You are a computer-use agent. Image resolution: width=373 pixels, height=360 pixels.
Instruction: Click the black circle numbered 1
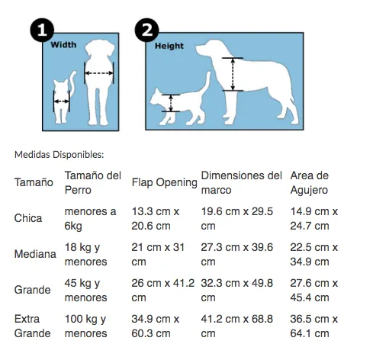tap(42, 30)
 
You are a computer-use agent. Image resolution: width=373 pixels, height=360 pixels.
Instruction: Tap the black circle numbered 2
tap(146, 30)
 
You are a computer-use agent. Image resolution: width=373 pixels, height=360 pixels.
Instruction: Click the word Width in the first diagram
tap(63, 45)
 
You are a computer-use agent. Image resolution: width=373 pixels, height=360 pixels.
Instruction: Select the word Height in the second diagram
tap(169, 46)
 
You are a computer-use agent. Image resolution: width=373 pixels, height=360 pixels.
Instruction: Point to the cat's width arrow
tap(61, 101)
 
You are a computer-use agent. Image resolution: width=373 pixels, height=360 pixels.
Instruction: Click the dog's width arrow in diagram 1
tap(98, 73)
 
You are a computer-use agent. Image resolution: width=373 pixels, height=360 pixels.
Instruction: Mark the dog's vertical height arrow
tap(233, 74)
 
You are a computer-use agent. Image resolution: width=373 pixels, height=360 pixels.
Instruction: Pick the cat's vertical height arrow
tap(171, 103)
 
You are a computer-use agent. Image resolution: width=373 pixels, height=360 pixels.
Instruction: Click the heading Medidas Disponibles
tap(59, 155)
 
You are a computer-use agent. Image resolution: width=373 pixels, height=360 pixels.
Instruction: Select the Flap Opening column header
tap(164, 182)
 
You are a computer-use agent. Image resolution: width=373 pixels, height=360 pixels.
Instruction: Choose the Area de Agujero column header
tap(310, 182)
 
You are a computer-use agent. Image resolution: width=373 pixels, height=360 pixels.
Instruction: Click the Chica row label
tap(28, 218)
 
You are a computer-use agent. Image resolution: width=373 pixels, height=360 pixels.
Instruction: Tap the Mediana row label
tap(35, 254)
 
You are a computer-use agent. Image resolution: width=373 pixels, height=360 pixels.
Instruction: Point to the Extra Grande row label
tap(32, 326)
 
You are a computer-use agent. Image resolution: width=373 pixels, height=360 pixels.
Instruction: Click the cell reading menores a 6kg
tap(90, 219)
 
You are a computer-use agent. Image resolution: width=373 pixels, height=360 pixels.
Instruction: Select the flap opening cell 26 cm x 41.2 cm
tap(163, 290)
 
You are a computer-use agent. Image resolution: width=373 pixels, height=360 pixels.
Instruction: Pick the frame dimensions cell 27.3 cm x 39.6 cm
tap(237, 254)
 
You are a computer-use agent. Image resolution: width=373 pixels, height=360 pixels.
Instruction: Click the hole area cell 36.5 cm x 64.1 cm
tap(314, 326)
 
